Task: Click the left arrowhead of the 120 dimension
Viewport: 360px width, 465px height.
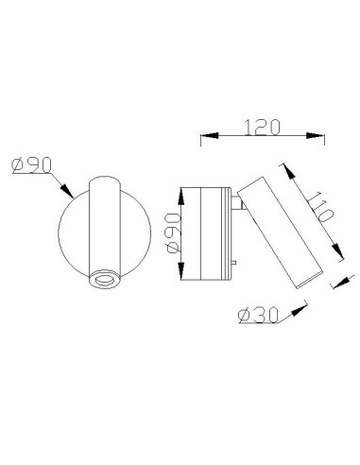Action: tap(203, 140)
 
